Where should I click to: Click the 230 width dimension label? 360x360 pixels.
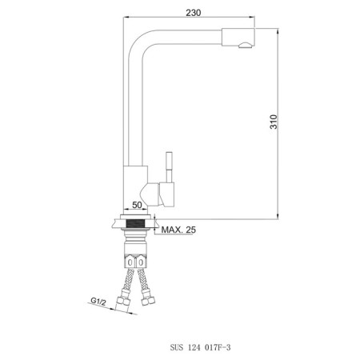(x=194, y=13)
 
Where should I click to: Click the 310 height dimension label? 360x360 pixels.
(x=274, y=122)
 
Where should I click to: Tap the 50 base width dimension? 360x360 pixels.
(x=137, y=205)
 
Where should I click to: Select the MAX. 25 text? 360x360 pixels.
(x=178, y=230)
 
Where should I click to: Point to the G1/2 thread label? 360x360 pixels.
(x=98, y=301)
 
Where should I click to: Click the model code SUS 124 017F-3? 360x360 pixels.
(x=200, y=347)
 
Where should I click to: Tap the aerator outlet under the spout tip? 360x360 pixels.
(x=245, y=46)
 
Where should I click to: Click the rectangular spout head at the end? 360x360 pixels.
(x=238, y=37)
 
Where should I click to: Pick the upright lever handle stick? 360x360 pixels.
(x=169, y=167)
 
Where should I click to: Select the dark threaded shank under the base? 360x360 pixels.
(x=137, y=223)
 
